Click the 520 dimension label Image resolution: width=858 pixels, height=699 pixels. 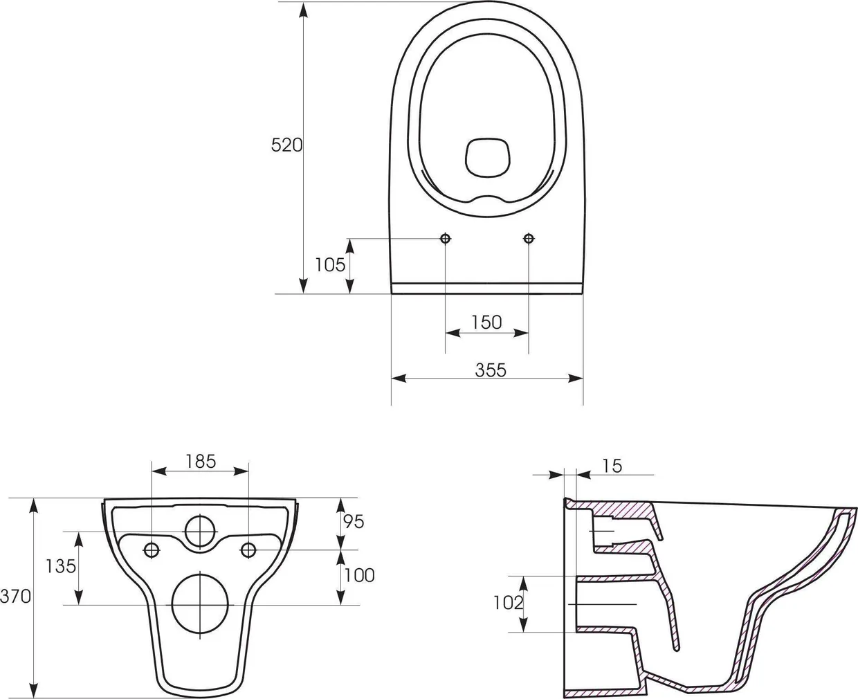(x=286, y=145)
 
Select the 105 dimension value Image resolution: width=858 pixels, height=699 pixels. (x=330, y=264)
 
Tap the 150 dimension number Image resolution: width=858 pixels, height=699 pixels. (x=486, y=323)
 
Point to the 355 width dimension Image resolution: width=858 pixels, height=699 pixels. (x=491, y=370)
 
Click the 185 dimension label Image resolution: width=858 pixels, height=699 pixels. (x=201, y=462)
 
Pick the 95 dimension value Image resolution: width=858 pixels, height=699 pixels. (x=353, y=522)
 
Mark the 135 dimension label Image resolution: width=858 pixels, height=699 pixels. (x=61, y=566)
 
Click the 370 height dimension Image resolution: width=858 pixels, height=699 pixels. (x=15, y=596)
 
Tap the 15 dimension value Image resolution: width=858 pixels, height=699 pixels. (x=612, y=466)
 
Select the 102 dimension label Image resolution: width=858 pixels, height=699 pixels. (x=508, y=603)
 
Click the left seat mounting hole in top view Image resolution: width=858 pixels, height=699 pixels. (x=446, y=239)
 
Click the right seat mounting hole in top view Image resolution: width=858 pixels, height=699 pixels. (x=529, y=239)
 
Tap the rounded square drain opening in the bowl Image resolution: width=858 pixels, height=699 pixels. (x=488, y=156)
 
